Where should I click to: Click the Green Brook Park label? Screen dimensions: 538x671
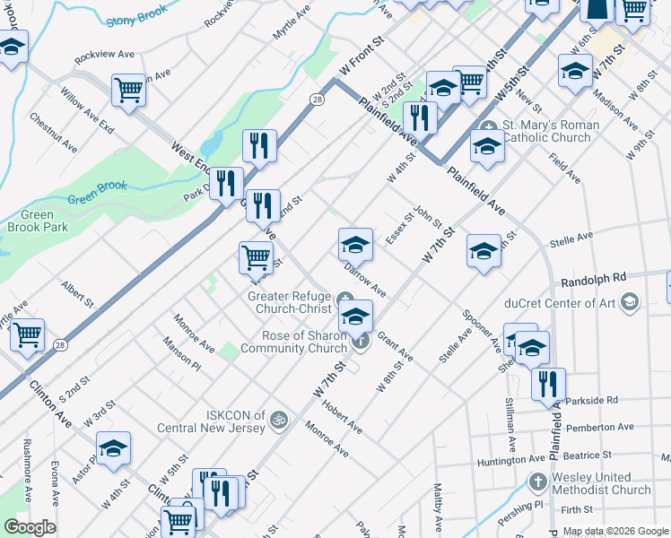44,221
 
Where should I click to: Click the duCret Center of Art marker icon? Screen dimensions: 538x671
630,301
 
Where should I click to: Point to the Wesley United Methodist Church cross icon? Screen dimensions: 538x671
537,482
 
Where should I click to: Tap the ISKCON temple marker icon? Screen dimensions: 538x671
279,419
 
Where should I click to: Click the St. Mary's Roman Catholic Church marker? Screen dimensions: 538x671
489,126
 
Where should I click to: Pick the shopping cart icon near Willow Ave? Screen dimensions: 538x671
129,90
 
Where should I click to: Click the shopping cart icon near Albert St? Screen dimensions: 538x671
27,335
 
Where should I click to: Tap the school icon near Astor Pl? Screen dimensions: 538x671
114,448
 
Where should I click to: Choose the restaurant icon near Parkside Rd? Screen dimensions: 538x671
548,383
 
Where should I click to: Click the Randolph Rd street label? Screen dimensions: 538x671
593,279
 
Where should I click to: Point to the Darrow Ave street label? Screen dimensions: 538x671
365,279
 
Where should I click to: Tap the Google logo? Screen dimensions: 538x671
30,527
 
